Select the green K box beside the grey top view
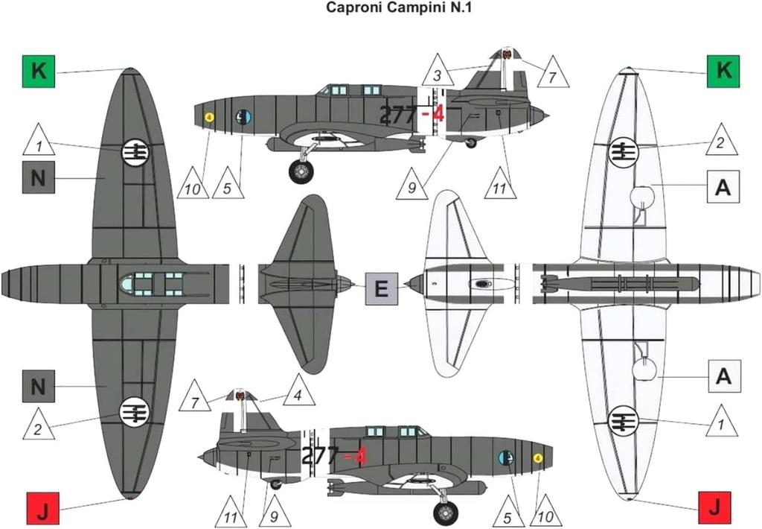pos(39,72)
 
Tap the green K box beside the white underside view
pos(723,72)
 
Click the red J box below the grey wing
pos(42,510)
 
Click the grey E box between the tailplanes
pos(382,288)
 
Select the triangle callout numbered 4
pos(298,396)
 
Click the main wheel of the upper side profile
pos(301,171)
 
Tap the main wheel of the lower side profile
pos(446,513)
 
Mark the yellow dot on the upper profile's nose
pos(209,117)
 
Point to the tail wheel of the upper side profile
pos(470,142)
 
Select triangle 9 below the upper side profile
pos(412,185)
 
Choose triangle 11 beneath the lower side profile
pos(232,513)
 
